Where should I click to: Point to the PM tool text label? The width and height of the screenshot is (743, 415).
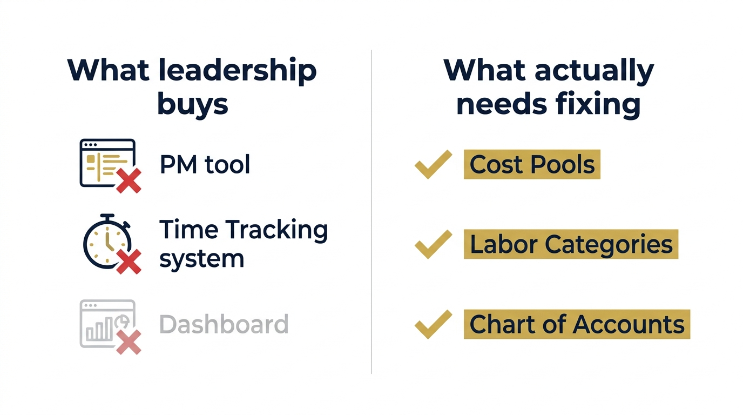click(x=205, y=164)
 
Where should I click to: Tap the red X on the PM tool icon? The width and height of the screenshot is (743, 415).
click(x=129, y=180)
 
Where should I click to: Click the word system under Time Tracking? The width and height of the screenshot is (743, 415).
click(x=201, y=259)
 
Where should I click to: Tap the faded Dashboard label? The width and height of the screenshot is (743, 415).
click(x=224, y=324)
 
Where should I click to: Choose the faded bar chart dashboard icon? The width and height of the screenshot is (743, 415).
click(x=106, y=323)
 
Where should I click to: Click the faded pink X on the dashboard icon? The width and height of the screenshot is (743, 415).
click(x=129, y=342)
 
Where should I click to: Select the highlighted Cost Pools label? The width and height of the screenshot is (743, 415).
click(x=532, y=164)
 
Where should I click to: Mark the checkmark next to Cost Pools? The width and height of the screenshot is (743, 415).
click(x=433, y=164)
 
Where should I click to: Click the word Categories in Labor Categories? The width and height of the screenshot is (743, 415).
click(x=609, y=244)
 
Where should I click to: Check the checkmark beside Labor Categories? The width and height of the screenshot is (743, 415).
click(x=433, y=244)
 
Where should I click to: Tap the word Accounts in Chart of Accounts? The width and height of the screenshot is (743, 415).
click(x=629, y=324)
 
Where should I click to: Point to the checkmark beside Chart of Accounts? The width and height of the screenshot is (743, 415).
click(x=433, y=324)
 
